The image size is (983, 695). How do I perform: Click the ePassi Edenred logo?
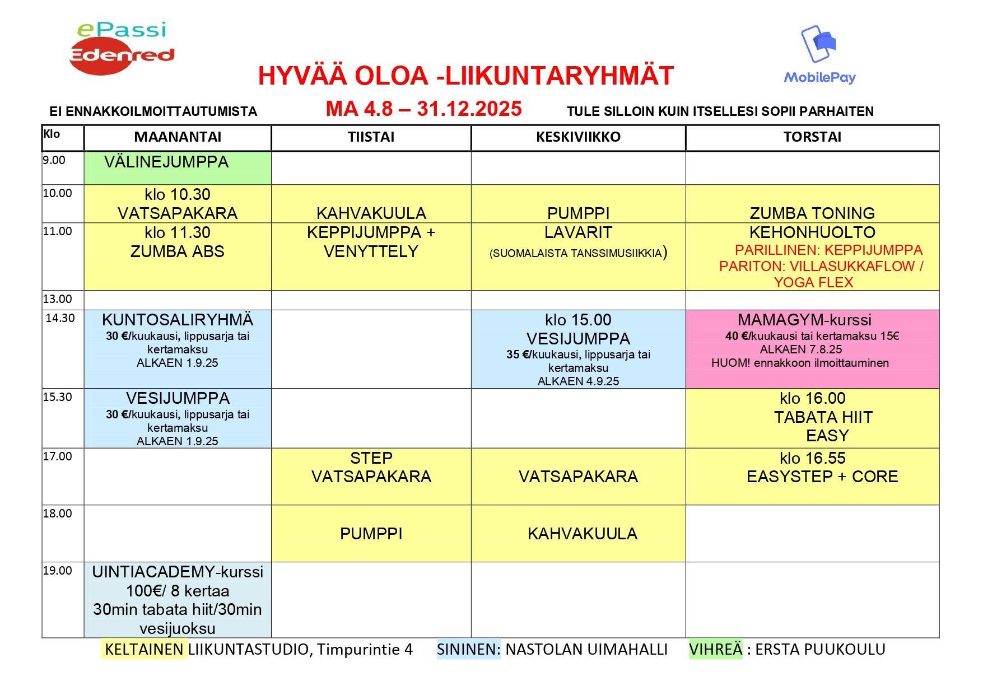tap(122, 48)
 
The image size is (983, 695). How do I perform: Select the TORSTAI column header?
tap(812, 137)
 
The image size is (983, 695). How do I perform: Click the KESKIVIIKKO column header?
tap(578, 137)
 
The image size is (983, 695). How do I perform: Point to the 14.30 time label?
tap(60, 318)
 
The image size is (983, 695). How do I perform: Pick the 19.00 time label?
tap(58, 571)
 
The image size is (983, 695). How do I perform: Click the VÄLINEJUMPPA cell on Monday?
tap(166, 162)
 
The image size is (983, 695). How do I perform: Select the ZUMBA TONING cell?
tap(812, 213)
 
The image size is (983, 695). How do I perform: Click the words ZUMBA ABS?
tap(177, 251)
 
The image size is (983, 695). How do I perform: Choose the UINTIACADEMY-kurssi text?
tap(178, 572)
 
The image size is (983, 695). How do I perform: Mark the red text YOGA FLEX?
tap(813, 282)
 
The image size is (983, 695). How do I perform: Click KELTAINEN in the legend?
tap(144, 649)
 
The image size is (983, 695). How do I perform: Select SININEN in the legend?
tap(469, 649)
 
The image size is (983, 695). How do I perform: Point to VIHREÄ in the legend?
tap(715, 649)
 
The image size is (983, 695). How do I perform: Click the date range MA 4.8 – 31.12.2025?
tap(423, 109)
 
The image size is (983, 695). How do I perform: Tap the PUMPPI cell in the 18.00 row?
tap(371, 534)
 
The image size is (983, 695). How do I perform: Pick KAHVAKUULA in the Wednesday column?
tap(582, 534)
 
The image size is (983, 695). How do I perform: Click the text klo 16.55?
tap(812, 458)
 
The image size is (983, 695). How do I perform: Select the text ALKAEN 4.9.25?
tap(578, 381)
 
